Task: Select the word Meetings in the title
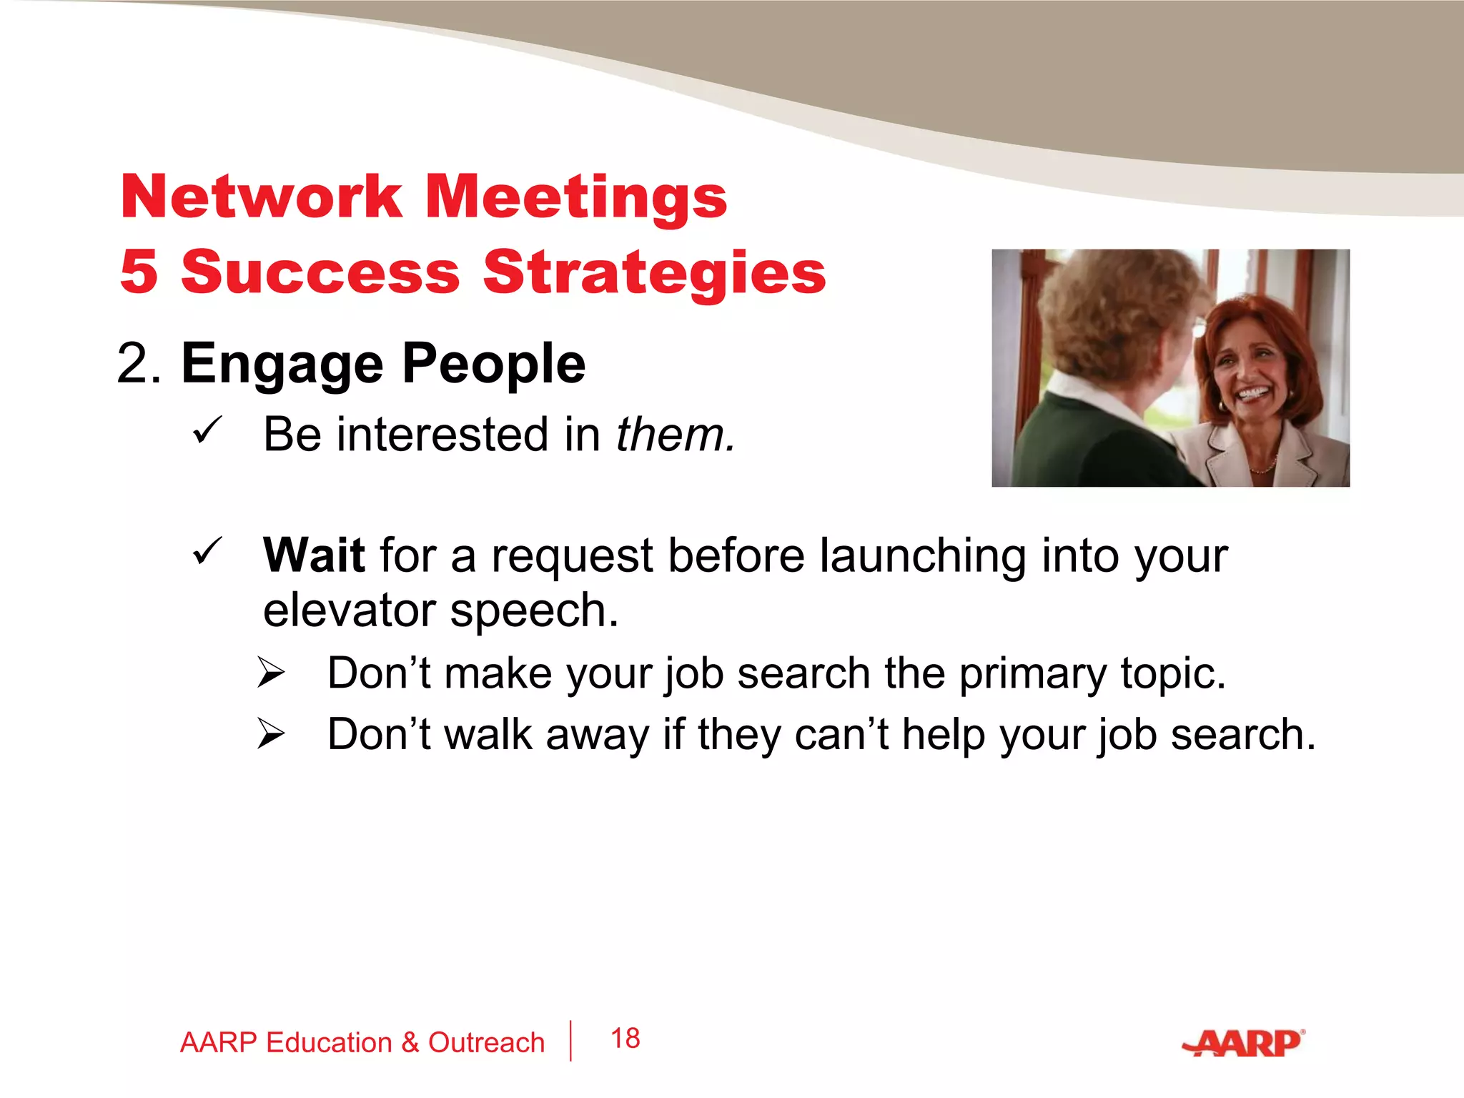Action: point(576,199)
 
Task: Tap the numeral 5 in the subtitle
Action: point(139,272)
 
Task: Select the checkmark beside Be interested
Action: point(208,431)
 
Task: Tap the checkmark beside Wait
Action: point(208,552)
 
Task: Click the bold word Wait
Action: point(314,555)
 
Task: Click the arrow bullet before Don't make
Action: point(272,673)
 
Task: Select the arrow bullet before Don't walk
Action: point(272,733)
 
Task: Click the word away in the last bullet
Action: point(597,736)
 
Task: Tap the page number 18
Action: point(625,1039)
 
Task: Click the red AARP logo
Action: point(1244,1044)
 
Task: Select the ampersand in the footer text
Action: point(410,1043)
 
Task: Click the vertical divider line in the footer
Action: point(570,1041)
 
